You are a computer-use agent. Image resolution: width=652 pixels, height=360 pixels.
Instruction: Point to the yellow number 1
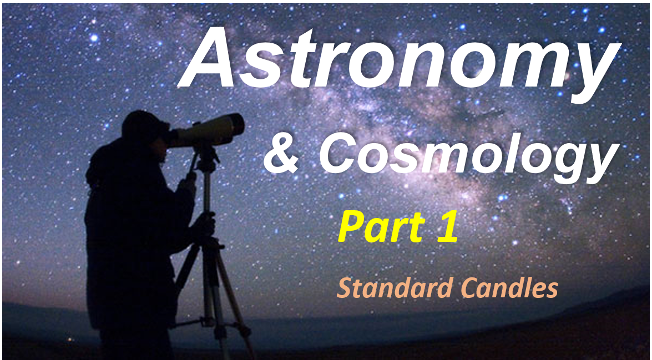[447, 226]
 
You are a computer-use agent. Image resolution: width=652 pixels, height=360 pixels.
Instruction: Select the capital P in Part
[352, 226]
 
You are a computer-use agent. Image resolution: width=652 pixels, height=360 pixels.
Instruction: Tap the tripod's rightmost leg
[235, 303]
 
